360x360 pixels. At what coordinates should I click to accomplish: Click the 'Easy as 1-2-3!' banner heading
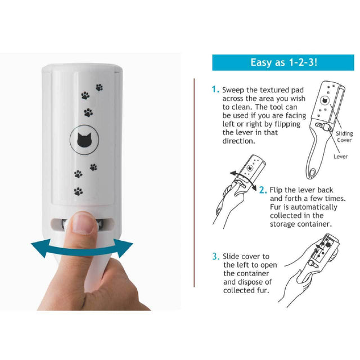[283, 62]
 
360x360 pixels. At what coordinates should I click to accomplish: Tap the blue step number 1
[215, 89]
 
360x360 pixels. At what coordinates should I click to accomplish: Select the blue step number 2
[263, 190]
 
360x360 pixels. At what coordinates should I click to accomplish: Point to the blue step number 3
[215, 256]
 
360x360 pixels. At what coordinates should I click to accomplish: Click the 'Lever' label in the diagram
[341, 156]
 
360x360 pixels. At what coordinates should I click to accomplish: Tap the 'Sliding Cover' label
[344, 137]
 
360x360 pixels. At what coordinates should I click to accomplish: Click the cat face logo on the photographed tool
[84, 140]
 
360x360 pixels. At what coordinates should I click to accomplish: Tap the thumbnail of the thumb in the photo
[83, 223]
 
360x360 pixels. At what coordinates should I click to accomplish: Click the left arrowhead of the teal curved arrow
[41, 248]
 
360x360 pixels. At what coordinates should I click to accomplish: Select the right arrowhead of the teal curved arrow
[123, 247]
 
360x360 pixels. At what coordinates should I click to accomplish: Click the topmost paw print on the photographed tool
[99, 87]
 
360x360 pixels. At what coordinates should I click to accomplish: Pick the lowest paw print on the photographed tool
[78, 191]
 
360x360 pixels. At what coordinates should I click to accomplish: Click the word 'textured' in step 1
[263, 90]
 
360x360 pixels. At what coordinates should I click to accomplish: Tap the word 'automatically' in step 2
[314, 207]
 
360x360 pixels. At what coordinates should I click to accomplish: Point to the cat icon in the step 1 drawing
[325, 100]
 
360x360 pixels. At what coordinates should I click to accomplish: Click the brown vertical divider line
[194, 182]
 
